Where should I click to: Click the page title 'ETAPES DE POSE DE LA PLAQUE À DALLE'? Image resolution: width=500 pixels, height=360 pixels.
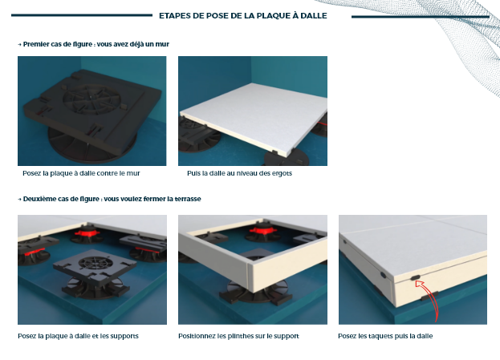click(243, 15)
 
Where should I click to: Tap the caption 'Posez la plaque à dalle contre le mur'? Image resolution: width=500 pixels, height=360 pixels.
click(81, 173)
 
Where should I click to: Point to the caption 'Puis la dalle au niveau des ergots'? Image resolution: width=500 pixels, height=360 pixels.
click(239, 173)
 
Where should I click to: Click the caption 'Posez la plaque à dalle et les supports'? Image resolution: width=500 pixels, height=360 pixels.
click(78, 336)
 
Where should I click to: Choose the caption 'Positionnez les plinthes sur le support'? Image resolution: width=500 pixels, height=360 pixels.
click(238, 336)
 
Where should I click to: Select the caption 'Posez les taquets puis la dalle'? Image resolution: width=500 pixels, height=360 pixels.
click(385, 336)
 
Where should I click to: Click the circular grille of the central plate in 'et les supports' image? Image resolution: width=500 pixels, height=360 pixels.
click(95, 262)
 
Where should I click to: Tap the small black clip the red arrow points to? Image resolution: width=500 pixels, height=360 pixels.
click(415, 277)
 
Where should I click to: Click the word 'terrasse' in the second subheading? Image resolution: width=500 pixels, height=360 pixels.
click(189, 199)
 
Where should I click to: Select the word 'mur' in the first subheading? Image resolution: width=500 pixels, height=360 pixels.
click(163, 44)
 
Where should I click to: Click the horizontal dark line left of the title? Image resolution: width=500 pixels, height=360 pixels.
click(82, 15)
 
